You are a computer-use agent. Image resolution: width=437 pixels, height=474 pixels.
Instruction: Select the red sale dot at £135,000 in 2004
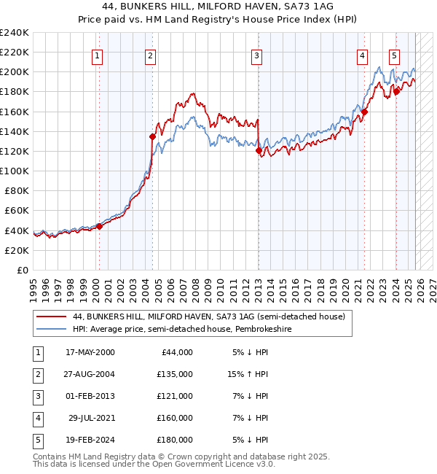point(152,136)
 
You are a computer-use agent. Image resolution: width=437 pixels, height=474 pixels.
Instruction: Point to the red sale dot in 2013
point(259,150)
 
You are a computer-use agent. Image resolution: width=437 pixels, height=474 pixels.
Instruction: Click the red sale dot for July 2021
point(365,112)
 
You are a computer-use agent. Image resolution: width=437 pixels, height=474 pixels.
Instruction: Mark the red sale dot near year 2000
point(99,226)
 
